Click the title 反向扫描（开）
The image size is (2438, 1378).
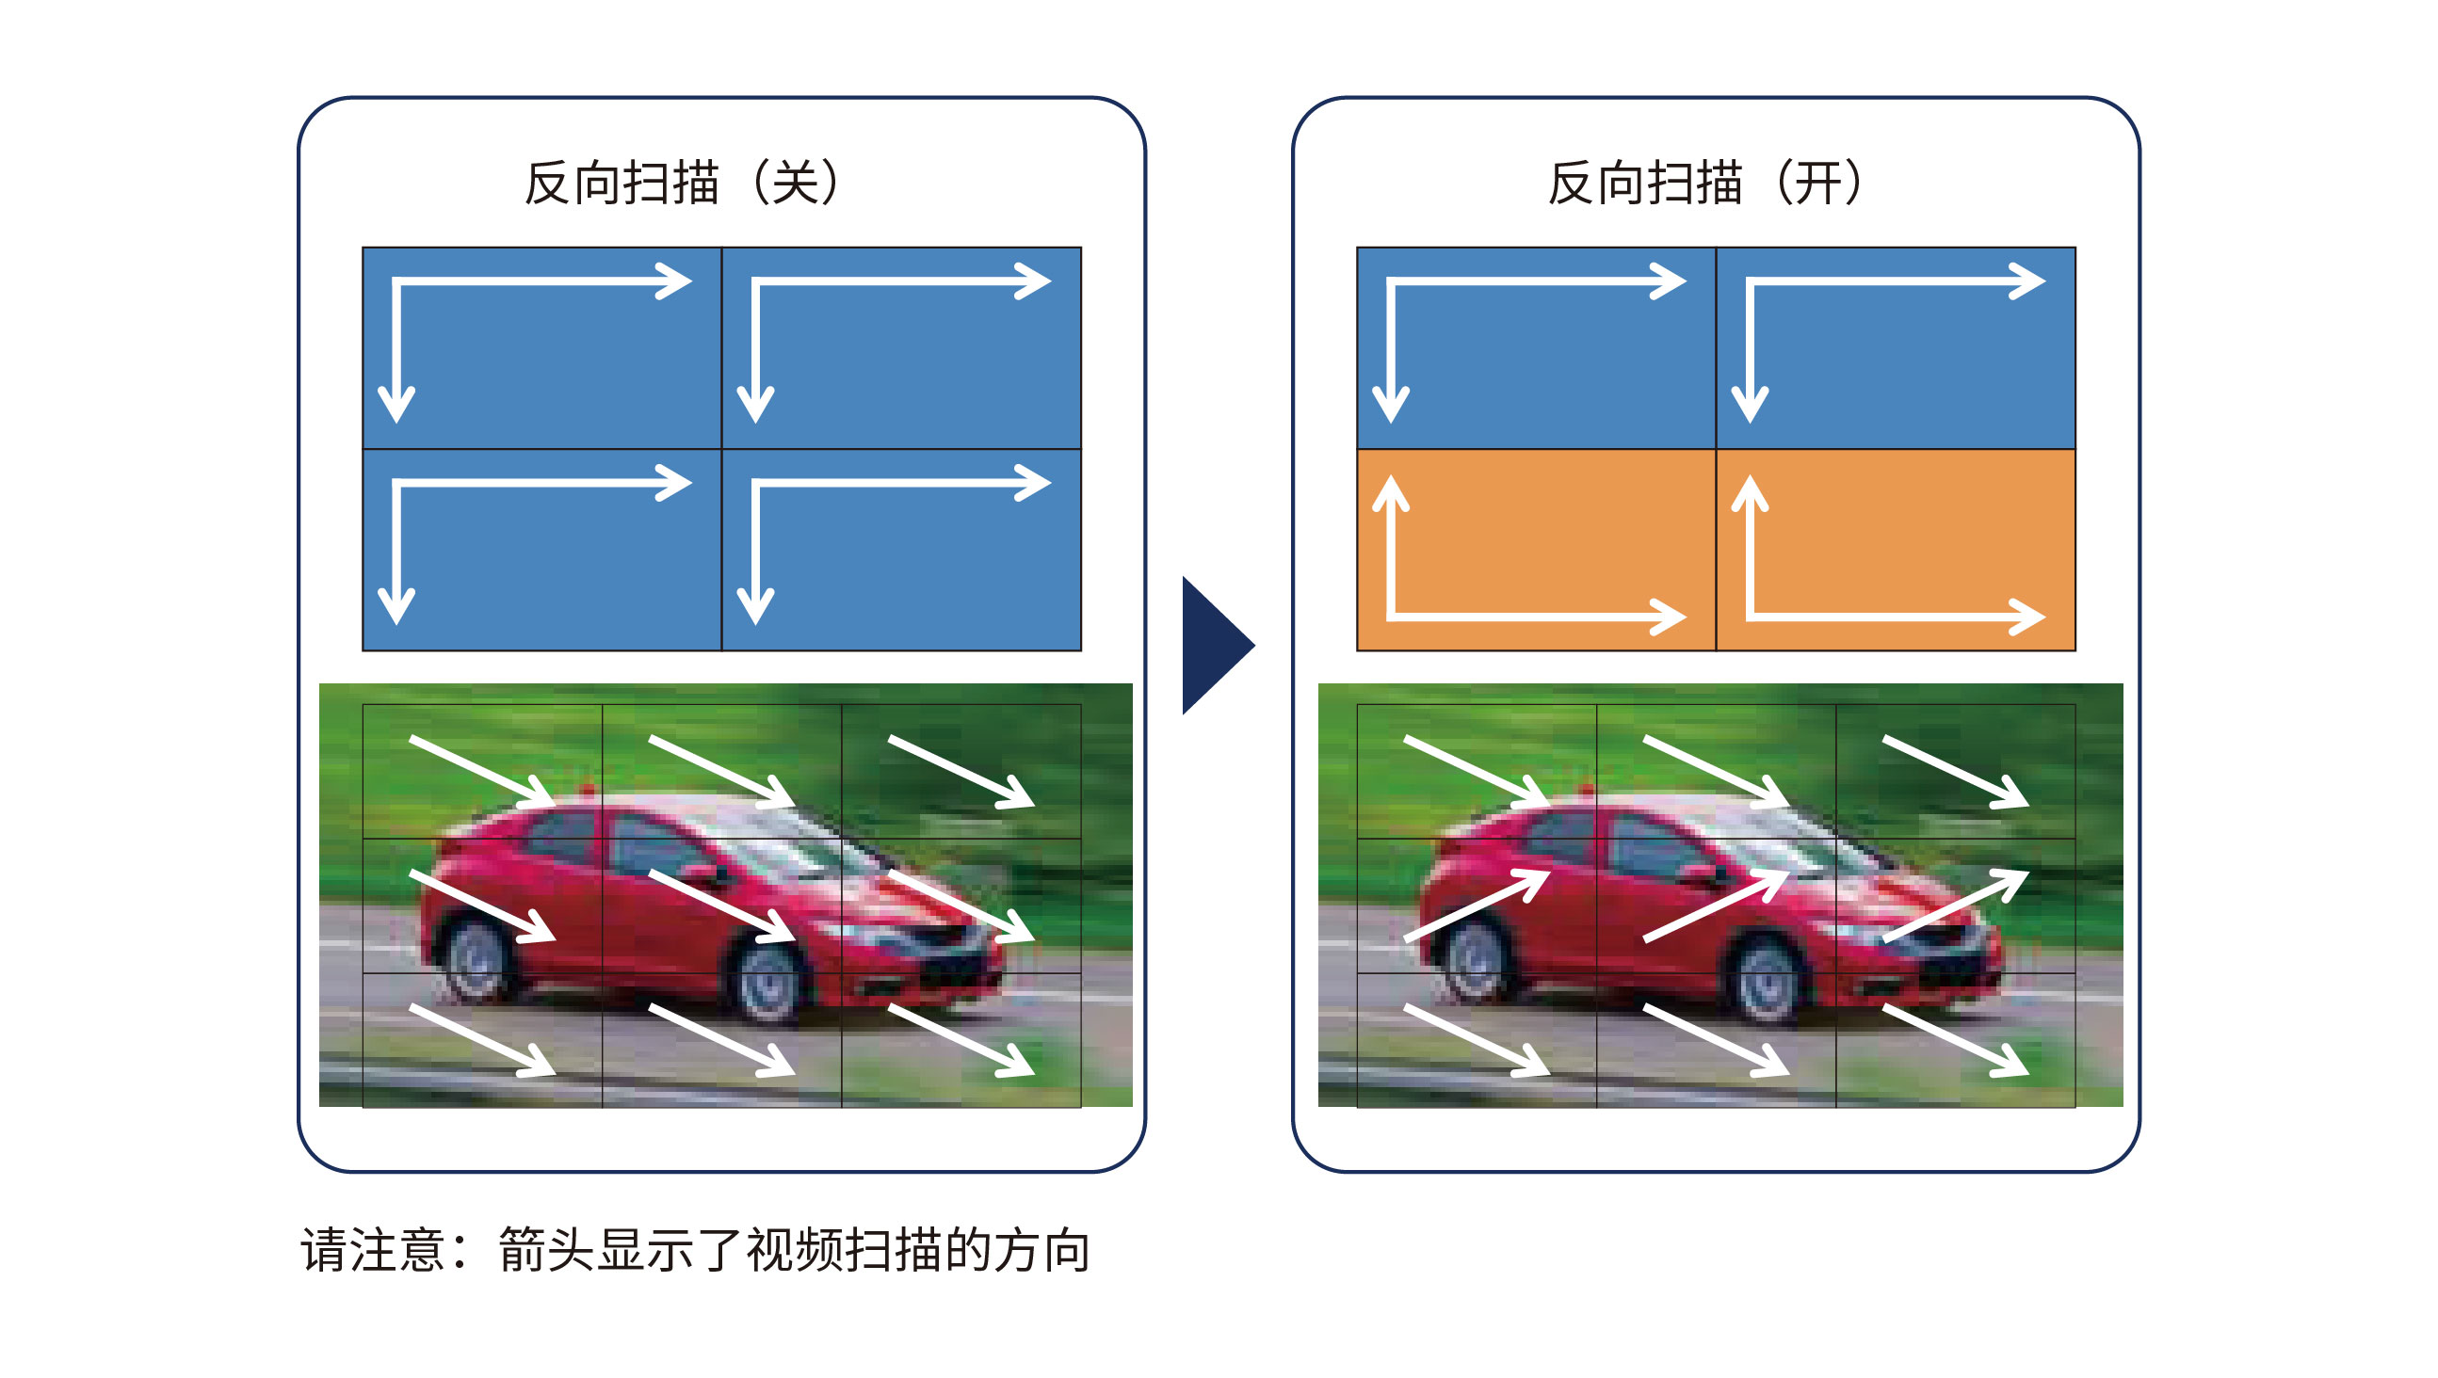pos(1704,183)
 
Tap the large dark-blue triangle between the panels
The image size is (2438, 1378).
pos(1215,646)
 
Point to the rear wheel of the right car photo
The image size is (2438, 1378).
pos(1477,959)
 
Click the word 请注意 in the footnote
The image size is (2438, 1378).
pos(372,1250)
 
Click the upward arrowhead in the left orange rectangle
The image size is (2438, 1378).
pos(1391,492)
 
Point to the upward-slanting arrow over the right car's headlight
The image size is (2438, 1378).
pos(1955,905)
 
